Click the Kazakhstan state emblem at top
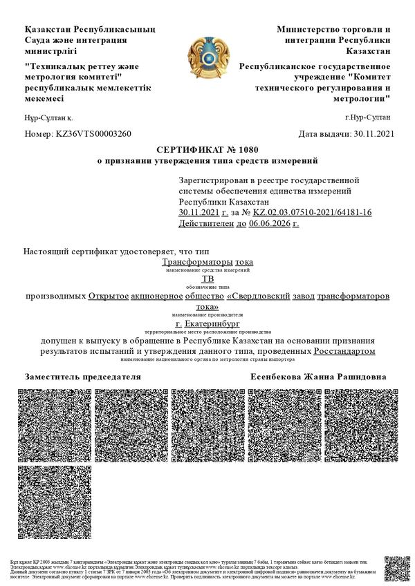(x=207, y=57)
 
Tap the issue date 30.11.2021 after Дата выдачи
(x=373, y=134)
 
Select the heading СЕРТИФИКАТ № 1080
(x=207, y=150)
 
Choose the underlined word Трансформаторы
(x=197, y=263)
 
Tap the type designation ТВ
(x=207, y=280)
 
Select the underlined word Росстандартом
(x=344, y=352)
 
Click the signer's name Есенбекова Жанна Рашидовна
(x=318, y=377)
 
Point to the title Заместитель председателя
(x=83, y=377)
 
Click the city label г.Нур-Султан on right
(x=367, y=118)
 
